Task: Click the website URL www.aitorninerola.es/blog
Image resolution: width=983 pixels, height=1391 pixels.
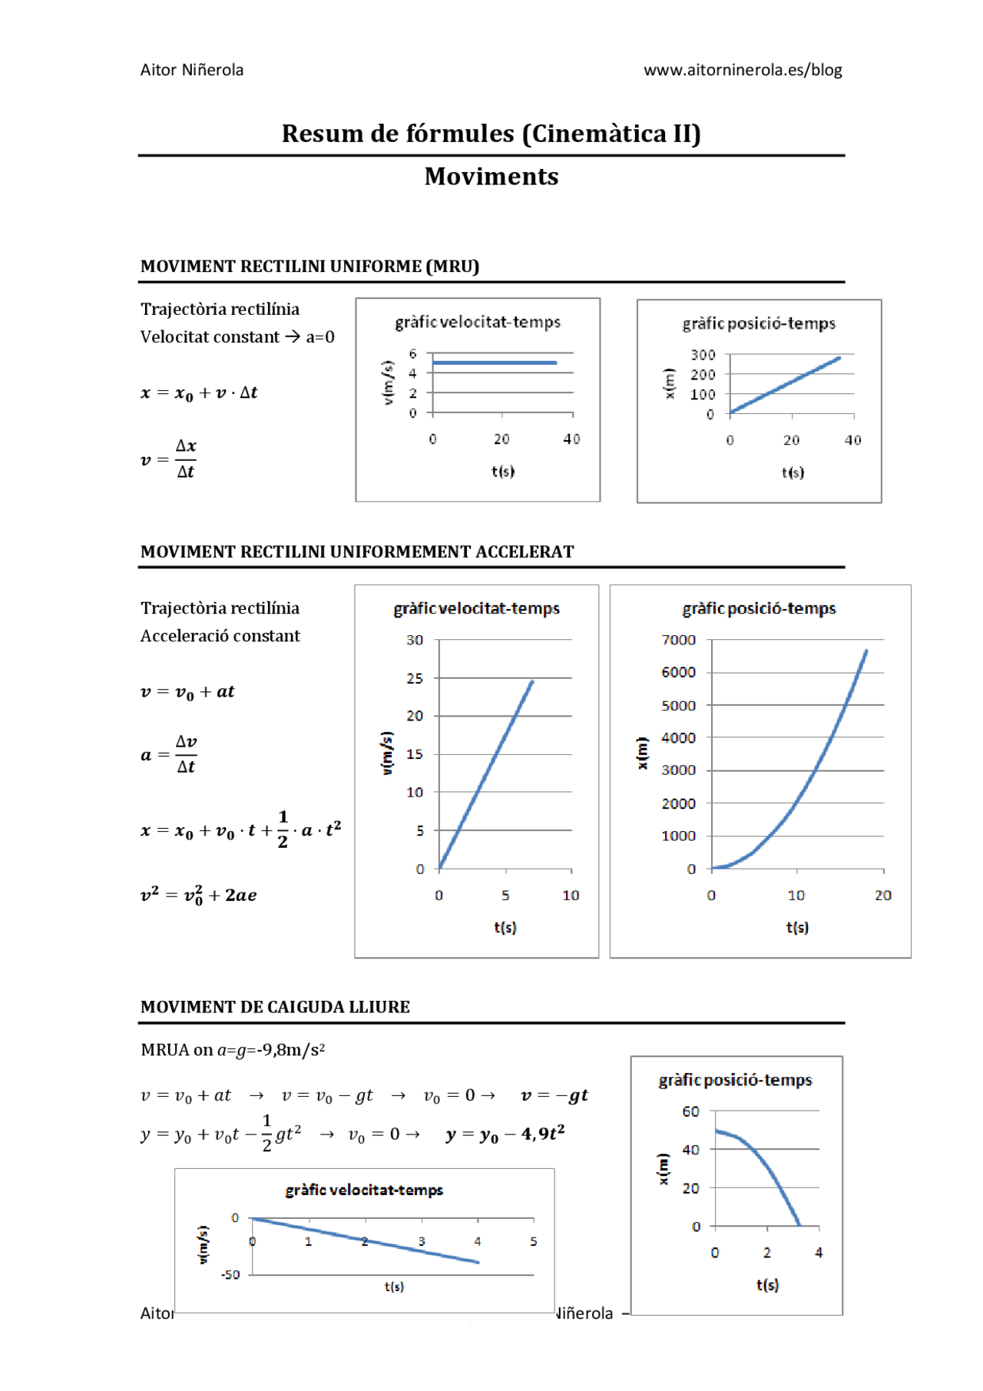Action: coord(743,70)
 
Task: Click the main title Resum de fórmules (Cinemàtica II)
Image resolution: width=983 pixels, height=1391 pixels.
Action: coord(491,134)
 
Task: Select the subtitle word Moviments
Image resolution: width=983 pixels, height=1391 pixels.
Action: coord(491,177)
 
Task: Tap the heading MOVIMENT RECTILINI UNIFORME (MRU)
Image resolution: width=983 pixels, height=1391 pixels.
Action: coord(309,267)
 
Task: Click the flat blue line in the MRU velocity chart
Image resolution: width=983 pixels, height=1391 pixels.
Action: coord(495,363)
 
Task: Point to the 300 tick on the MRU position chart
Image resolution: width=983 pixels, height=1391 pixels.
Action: coord(703,355)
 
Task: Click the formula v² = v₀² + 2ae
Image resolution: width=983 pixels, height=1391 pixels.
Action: coord(198,895)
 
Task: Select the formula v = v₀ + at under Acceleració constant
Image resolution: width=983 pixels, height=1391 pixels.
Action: coord(187,692)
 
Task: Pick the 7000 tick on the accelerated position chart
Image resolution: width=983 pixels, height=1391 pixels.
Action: coord(679,640)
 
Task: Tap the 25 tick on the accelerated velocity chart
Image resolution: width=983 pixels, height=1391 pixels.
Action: coord(415,678)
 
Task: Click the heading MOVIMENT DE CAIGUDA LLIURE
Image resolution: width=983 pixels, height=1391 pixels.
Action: coord(275,1007)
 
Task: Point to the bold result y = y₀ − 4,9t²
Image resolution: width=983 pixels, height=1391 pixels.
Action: coord(505,1134)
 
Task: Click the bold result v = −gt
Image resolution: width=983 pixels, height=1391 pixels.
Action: coord(554,1095)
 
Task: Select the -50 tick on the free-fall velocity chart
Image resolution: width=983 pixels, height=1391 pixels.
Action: coord(230,1275)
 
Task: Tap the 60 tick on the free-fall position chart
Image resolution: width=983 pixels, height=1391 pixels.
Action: coord(691,1111)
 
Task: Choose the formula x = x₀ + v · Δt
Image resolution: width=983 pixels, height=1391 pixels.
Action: coord(199,393)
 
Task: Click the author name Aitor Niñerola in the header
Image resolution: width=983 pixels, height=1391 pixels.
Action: coord(192,70)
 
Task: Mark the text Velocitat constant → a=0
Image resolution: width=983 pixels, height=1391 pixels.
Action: coord(237,337)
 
